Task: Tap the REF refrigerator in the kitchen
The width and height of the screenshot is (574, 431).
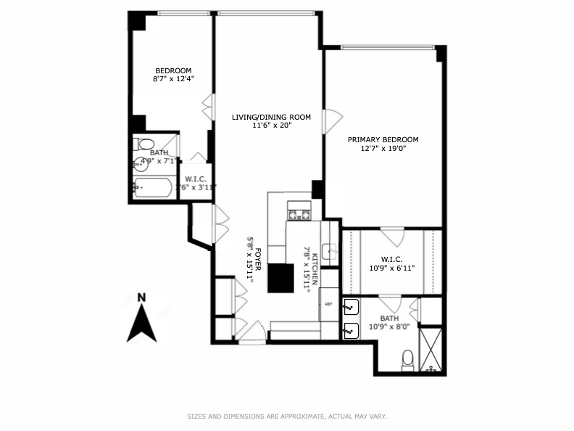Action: tap(328, 304)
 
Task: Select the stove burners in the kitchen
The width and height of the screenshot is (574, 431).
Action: tap(299, 214)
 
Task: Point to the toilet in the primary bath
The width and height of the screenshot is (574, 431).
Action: tap(407, 358)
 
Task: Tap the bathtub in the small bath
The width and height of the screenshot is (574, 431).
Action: tap(153, 189)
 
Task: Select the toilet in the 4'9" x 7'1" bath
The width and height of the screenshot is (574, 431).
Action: tap(144, 144)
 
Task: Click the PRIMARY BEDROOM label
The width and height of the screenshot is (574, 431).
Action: tap(383, 139)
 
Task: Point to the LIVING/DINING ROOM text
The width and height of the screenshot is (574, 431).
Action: tap(271, 117)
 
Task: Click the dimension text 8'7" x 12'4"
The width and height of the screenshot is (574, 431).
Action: tap(173, 78)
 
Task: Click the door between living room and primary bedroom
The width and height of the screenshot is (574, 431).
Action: tap(330, 121)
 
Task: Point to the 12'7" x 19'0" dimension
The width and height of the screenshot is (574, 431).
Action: tap(383, 149)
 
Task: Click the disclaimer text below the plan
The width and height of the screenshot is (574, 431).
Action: tap(287, 416)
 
